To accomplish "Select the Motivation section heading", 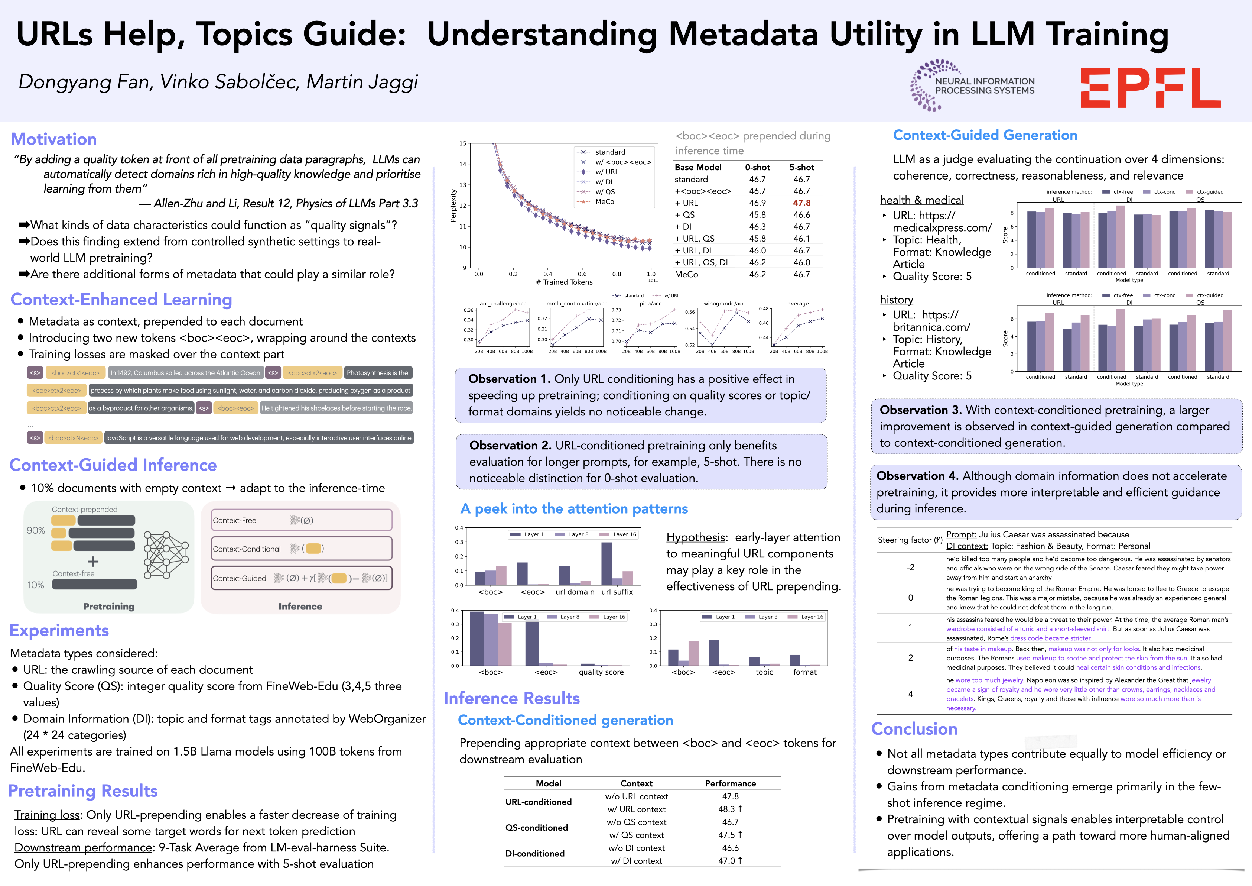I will click(53, 139).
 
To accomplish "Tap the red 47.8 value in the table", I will click(801, 203).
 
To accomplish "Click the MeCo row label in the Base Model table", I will click(686, 274).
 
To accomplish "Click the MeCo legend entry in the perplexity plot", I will click(604, 202).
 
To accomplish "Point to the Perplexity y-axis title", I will click(453, 206).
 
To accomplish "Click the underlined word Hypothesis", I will click(695, 537).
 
